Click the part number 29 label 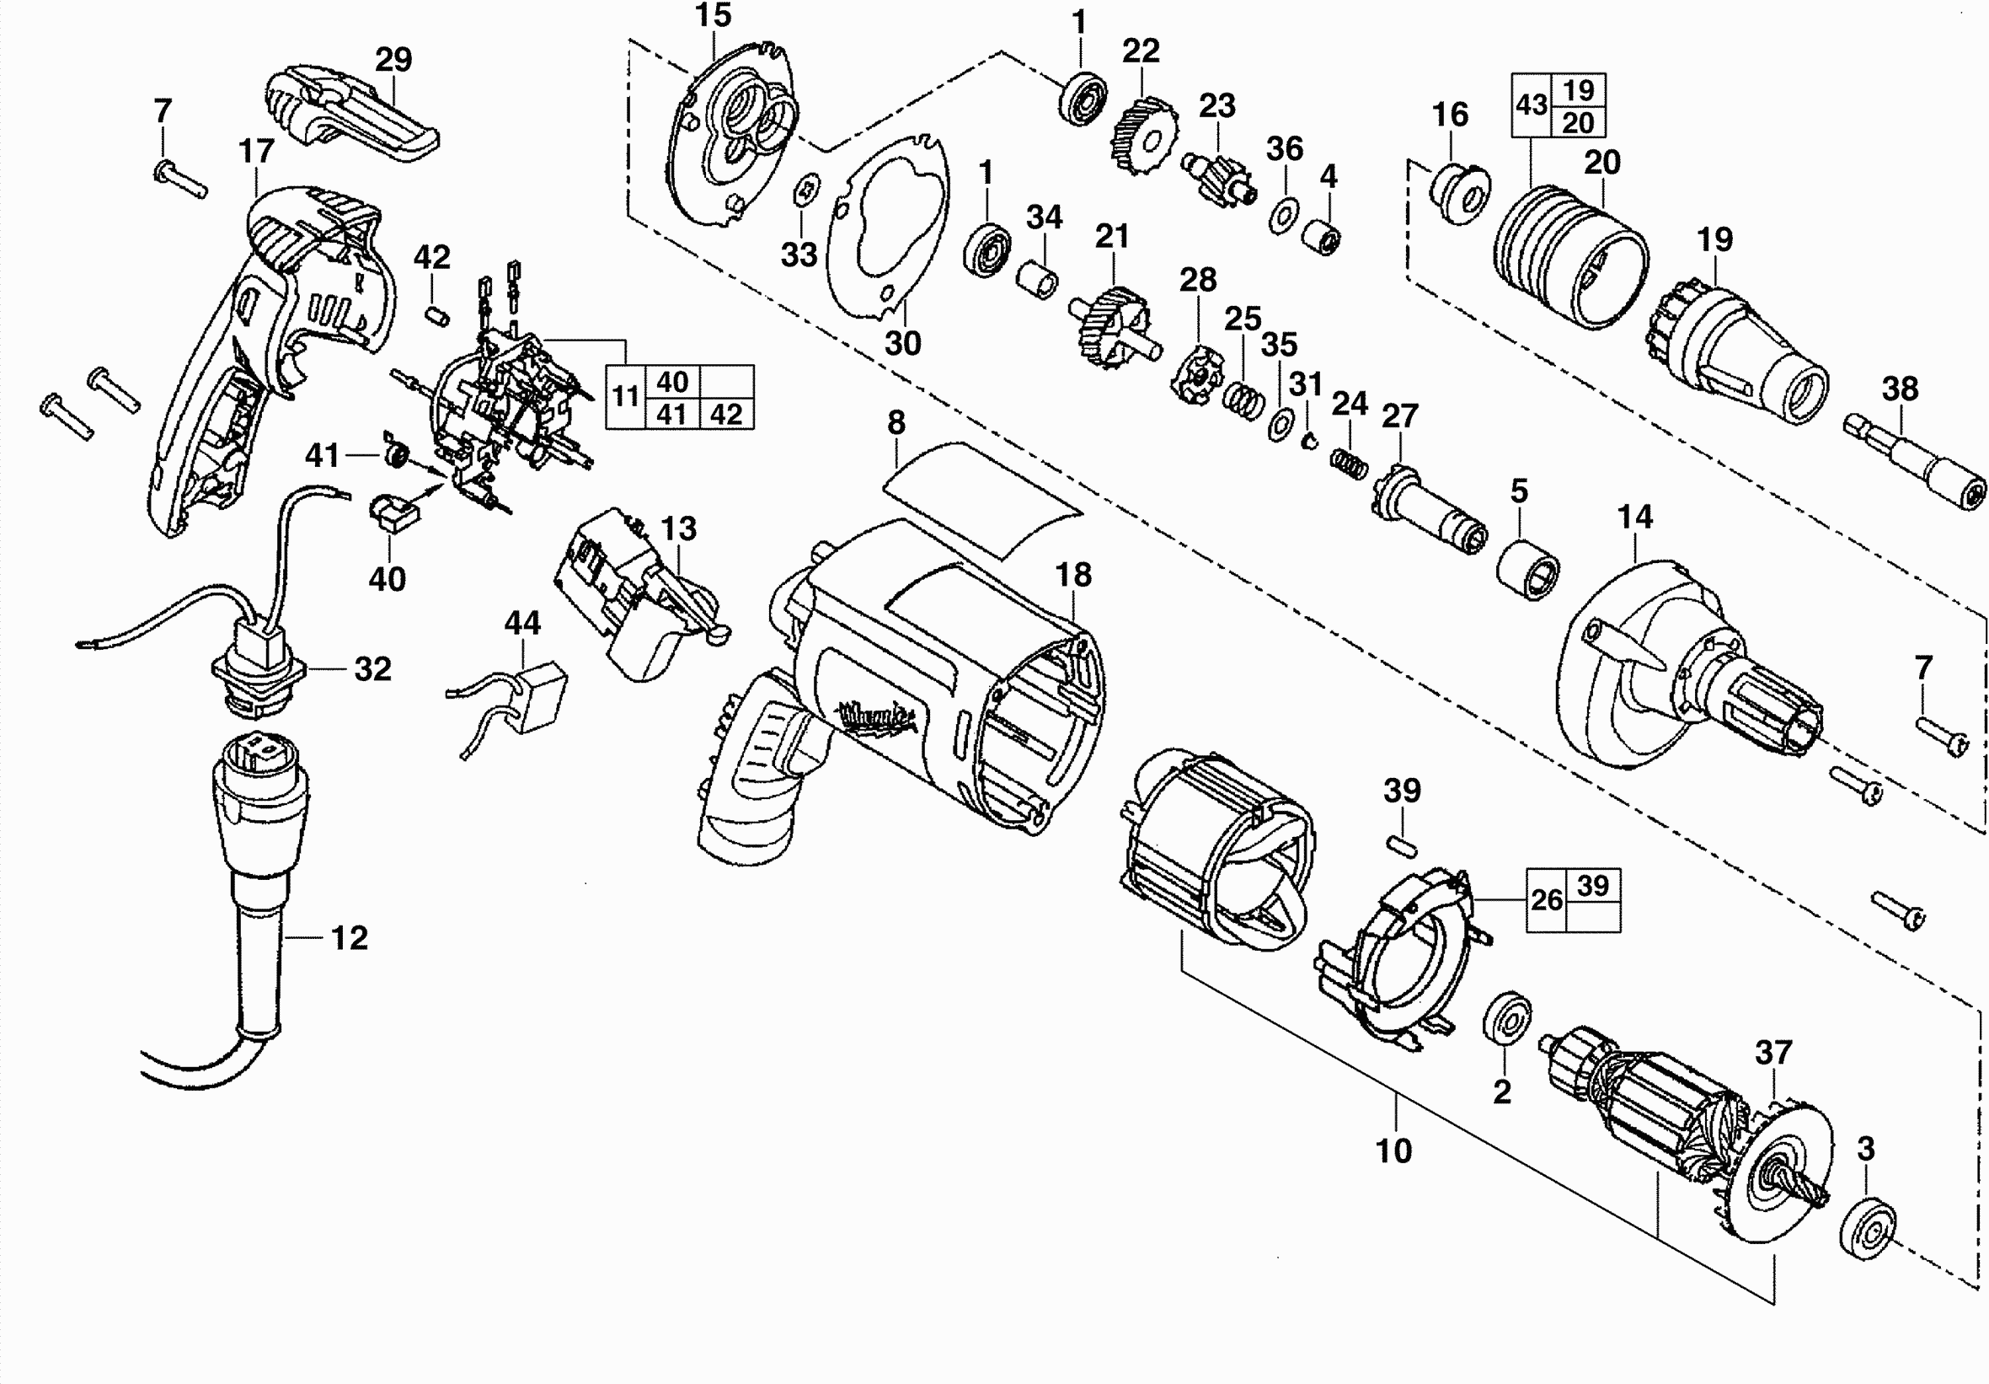[x=393, y=60]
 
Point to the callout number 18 [x=1073, y=575]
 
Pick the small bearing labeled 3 [x=1866, y=1225]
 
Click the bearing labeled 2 [x=1506, y=1020]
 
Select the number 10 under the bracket [x=1394, y=1151]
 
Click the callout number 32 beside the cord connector [x=372, y=669]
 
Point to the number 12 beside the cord [x=349, y=937]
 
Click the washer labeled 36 [x=1282, y=216]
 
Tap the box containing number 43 [x=1532, y=105]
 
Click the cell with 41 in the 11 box [x=671, y=414]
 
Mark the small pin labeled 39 [x=1402, y=841]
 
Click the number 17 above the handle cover [x=256, y=151]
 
